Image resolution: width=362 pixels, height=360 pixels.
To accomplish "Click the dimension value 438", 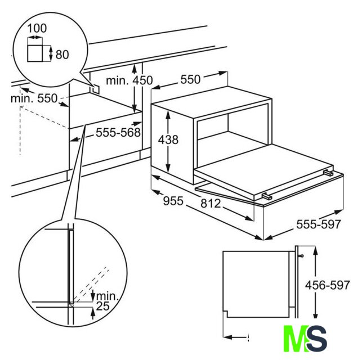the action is pyautogui.click(x=168, y=139).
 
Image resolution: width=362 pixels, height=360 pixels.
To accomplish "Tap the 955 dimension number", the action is pyautogui.click(x=173, y=201).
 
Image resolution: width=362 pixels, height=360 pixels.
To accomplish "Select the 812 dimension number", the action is pyautogui.click(x=211, y=204).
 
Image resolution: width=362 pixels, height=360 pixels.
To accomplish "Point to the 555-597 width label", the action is pyautogui.click(x=318, y=224).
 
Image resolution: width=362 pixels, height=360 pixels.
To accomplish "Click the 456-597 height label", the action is pyautogui.click(x=327, y=285).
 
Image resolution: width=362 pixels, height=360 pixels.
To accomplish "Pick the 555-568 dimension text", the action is pyautogui.click(x=118, y=132).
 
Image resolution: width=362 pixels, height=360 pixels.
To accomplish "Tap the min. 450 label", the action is pyautogui.click(x=129, y=80).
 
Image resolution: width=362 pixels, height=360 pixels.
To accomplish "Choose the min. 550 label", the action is pyautogui.click(x=34, y=98).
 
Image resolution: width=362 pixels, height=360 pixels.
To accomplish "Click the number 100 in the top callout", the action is pyautogui.click(x=37, y=28).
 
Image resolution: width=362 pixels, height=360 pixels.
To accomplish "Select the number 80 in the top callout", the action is pyautogui.click(x=62, y=55).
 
